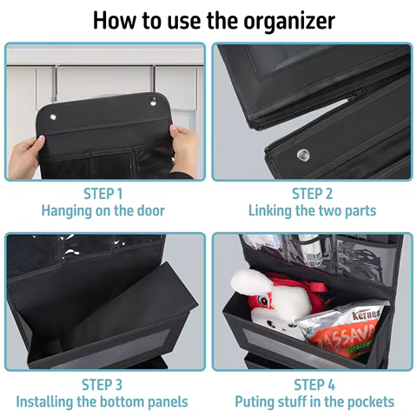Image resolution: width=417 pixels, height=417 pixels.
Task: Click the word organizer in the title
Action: point(289,21)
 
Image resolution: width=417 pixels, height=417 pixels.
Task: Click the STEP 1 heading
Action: point(103,194)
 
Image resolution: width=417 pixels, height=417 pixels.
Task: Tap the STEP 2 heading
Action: point(312,194)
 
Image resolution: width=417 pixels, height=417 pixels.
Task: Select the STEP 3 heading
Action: point(102,385)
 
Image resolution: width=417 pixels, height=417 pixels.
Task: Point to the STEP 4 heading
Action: point(314,385)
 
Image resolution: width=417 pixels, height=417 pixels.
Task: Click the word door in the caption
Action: point(150,210)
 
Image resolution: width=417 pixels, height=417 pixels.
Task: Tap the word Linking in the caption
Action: point(270,211)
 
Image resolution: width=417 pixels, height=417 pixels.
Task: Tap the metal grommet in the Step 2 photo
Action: point(303,155)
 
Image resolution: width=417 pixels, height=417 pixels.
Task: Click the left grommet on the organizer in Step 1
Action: point(53,117)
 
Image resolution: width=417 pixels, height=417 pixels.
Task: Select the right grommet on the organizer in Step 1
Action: point(153,101)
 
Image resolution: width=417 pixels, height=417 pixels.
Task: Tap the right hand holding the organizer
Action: point(185,149)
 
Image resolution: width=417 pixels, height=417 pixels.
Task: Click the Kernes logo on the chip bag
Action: point(366,314)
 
